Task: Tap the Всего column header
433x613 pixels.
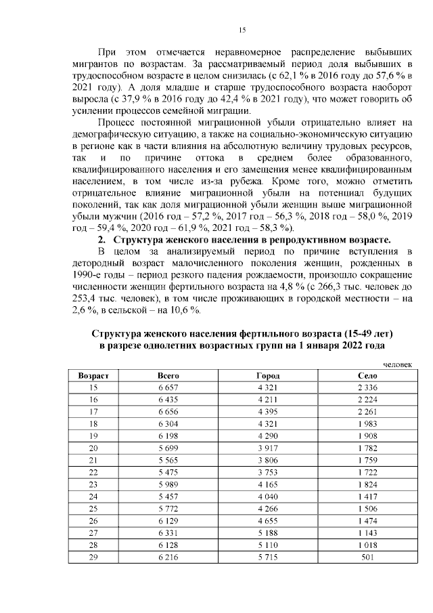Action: pyautogui.click(x=167, y=375)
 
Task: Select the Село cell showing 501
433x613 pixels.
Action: pyautogui.click(x=367, y=556)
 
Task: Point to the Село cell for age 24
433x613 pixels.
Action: pyautogui.click(x=367, y=496)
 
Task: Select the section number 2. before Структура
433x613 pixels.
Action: pyautogui.click(x=101, y=240)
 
